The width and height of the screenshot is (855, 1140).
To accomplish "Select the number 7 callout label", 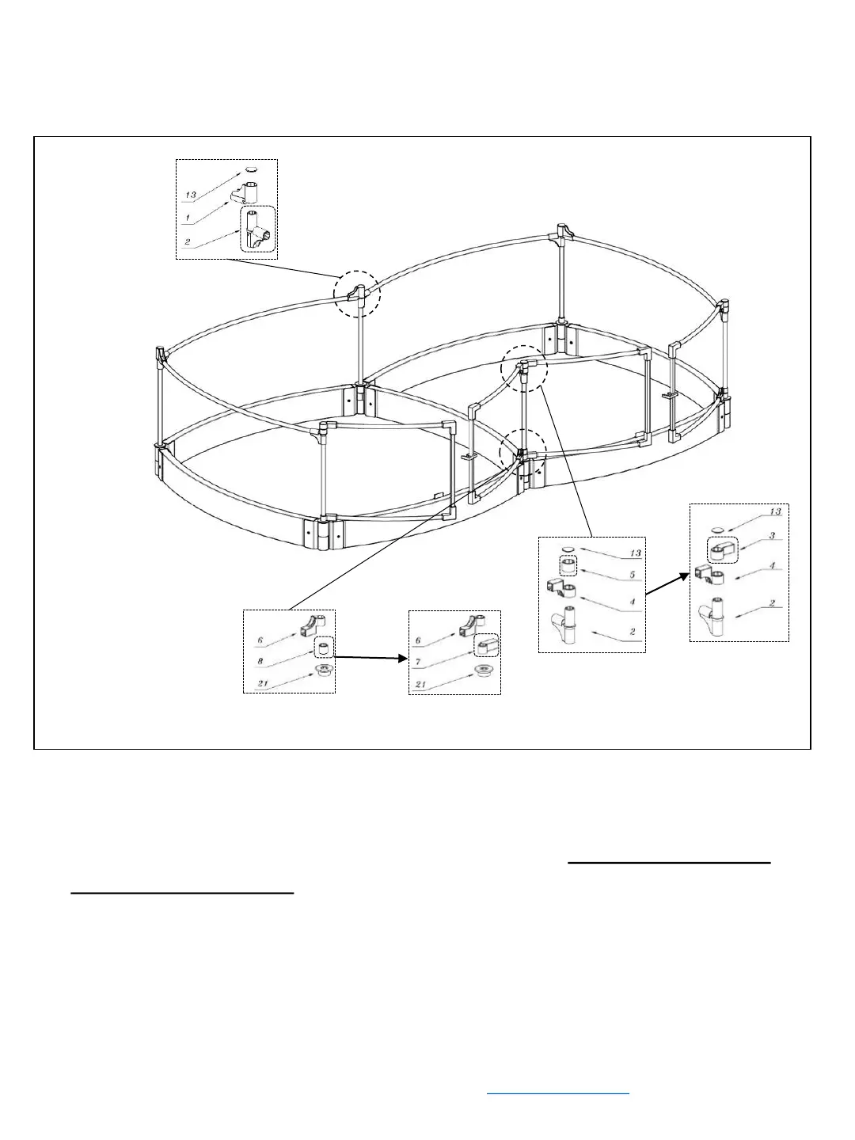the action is [x=416, y=660].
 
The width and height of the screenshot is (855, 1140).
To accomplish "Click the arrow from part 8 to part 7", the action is [x=367, y=656].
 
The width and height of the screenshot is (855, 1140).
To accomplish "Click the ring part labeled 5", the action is [x=567, y=567].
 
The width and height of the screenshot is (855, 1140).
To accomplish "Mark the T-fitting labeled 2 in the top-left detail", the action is [x=257, y=230].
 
